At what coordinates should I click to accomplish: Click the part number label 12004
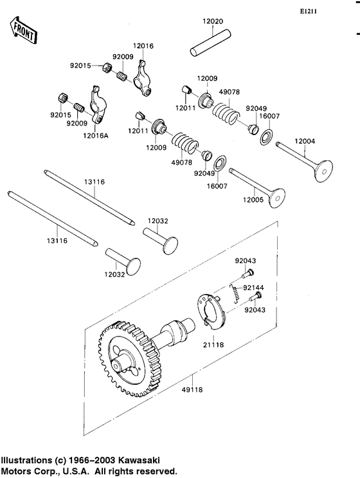tap(305, 141)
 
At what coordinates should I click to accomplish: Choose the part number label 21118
tap(215, 345)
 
